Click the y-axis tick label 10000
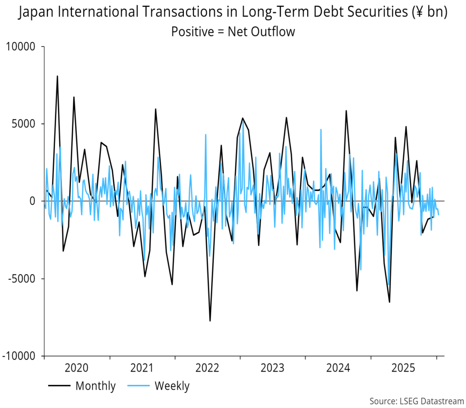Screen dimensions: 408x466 coord(23,46)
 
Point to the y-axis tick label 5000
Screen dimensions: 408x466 coord(26,124)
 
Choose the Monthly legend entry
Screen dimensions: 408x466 coord(96,386)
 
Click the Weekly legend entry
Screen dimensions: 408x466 coord(172,386)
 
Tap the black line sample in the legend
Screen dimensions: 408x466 coord(59,387)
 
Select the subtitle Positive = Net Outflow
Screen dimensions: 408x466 coord(233,31)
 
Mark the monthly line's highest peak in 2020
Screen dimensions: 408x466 coord(57,76)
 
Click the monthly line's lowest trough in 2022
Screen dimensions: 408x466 coord(210,321)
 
